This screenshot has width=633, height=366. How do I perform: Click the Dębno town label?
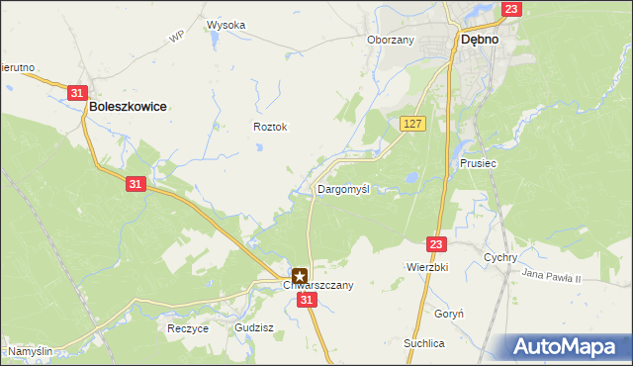point(478,42)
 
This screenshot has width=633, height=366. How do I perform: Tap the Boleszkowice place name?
point(127,105)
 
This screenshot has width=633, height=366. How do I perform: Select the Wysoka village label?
point(226,25)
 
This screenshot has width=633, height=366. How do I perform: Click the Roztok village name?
point(269,127)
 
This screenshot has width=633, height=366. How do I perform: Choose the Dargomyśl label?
point(343,188)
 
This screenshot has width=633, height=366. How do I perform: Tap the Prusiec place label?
point(477,163)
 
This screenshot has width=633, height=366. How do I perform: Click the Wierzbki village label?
point(427,267)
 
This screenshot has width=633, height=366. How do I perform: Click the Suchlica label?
point(423,343)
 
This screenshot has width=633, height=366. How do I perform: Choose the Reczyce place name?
point(188,327)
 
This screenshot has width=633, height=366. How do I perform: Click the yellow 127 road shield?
point(413,123)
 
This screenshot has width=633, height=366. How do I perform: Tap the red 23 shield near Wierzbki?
point(437,243)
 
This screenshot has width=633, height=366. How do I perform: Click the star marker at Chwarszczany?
point(300,276)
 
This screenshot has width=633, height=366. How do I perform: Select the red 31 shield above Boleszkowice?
point(78,92)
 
